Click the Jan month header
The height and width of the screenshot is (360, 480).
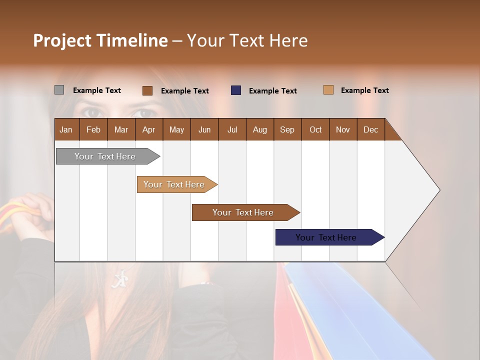pyautogui.click(x=66, y=129)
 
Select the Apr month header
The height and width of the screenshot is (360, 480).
pyautogui.click(x=149, y=129)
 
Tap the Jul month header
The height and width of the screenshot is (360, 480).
pyautogui.click(x=232, y=129)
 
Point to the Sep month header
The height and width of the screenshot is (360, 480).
pyautogui.click(x=287, y=129)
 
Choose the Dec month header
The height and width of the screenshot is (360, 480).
pyautogui.click(x=370, y=129)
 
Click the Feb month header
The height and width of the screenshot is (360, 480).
pyautogui.click(x=93, y=129)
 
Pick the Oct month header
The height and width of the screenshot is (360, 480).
pyautogui.click(x=315, y=129)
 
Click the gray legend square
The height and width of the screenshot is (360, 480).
pyautogui.click(x=59, y=90)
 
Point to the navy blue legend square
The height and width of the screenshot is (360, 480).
pyautogui.click(x=236, y=90)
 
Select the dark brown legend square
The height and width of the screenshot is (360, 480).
pyautogui.click(x=147, y=90)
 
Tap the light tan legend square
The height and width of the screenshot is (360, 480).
pyautogui.click(x=328, y=90)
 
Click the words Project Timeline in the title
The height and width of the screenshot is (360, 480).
pyautogui.click(x=100, y=40)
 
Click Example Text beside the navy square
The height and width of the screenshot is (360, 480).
pyautogui.click(x=273, y=91)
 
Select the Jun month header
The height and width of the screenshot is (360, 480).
pyautogui.click(x=204, y=129)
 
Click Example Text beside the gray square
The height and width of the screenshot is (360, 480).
pyautogui.click(x=97, y=90)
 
